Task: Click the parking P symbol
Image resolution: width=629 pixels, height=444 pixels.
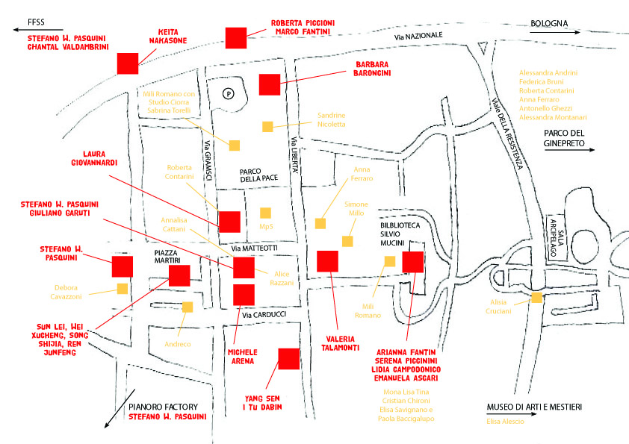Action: point(229,94)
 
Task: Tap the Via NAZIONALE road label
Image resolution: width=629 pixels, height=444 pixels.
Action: point(418,36)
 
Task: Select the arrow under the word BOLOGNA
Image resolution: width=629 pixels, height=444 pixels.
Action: point(555,32)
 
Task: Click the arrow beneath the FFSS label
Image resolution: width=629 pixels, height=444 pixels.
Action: point(38,29)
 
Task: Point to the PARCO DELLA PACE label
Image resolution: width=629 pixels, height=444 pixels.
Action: point(258,175)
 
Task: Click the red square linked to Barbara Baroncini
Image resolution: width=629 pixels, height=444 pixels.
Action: point(270,84)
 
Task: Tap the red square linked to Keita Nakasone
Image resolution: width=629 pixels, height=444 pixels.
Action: point(128,63)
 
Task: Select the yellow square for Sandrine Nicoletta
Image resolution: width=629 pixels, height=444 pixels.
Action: point(267,127)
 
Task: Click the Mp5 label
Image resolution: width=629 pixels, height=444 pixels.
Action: point(266,226)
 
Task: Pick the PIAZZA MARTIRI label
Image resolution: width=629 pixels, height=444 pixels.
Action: point(167,257)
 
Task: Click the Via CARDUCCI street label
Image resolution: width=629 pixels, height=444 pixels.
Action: point(264,315)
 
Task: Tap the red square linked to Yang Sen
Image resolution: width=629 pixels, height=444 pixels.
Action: point(289,359)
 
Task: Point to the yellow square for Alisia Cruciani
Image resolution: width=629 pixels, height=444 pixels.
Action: point(536,297)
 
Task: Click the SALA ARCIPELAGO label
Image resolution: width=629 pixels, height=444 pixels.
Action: point(557,238)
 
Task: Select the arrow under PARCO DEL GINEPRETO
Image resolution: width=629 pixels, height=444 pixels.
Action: point(570,150)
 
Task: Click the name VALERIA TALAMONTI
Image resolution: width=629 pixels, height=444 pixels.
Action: point(340,343)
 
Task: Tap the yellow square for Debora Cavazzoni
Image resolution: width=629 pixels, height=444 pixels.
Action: point(123,289)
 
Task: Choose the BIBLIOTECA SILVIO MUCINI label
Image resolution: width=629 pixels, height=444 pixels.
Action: point(400,234)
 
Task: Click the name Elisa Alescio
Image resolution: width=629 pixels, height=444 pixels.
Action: point(506,421)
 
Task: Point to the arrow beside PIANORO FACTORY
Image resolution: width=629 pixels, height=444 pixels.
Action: point(120,408)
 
